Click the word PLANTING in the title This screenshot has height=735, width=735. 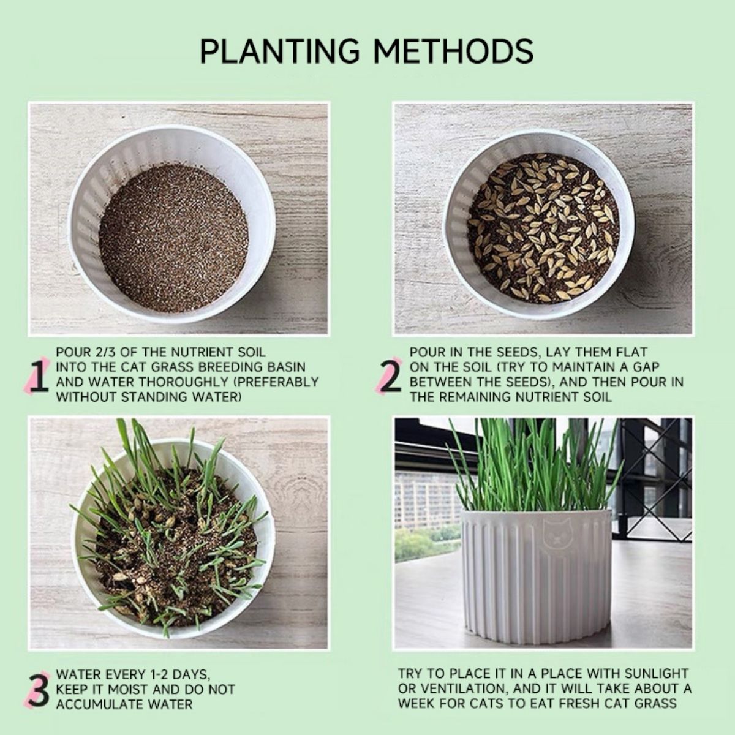(x=279, y=51)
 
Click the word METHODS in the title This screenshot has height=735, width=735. (x=453, y=51)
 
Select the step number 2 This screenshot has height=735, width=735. (x=390, y=377)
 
